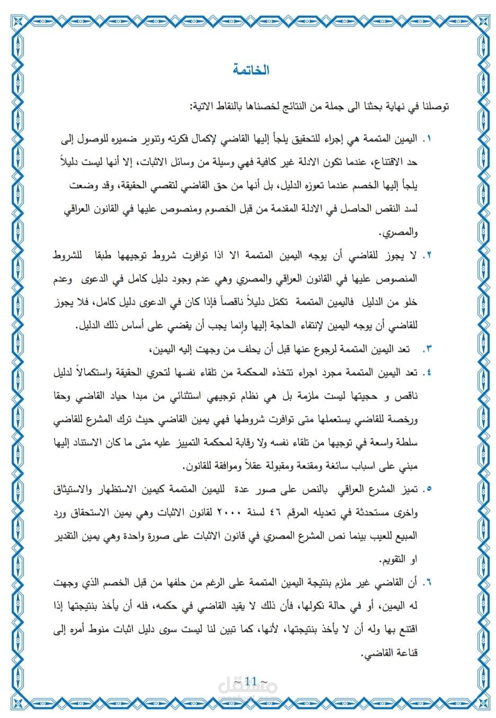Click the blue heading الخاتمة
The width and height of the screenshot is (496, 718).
pyautogui.click(x=251, y=70)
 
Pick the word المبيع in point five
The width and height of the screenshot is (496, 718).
pyautogui.click(x=406, y=536)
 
